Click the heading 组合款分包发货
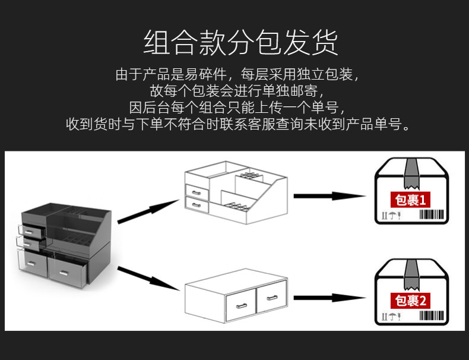(240, 42)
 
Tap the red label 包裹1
(410, 200)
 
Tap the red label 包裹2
(410, 301)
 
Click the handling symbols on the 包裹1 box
(391, 216)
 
